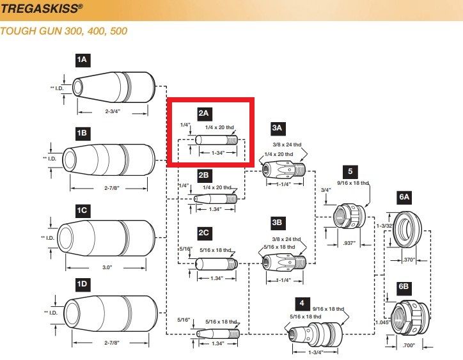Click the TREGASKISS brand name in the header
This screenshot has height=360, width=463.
coord(42,10)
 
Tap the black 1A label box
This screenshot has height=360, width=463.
coord(82,60)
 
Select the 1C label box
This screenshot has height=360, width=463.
coord(82,209)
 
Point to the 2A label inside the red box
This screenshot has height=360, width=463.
coord(203,114)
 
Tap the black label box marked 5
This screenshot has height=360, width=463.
coord(350,171)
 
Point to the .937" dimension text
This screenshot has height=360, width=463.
coord(349,244)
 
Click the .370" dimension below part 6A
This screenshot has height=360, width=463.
coord(409,260)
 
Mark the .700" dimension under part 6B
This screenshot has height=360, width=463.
coord(409,345)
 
